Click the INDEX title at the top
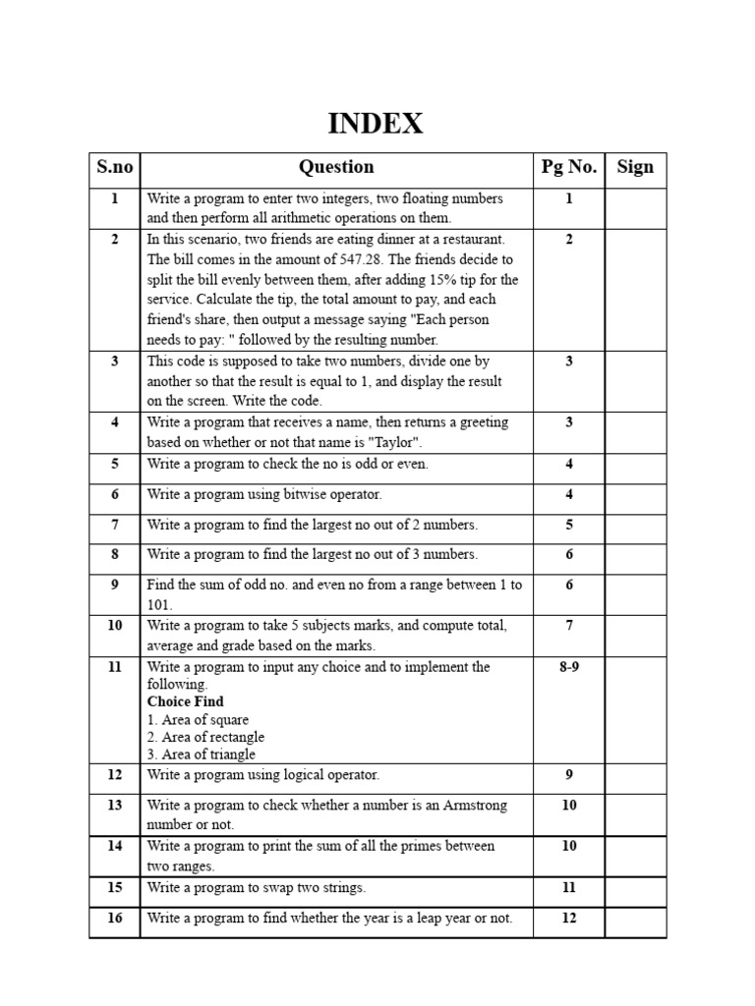coord(376,124)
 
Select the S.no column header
coord(114,167)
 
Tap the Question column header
coord(336,167)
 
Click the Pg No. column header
coord(569,167)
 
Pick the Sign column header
coord(635,167)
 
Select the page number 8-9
coord(569,667)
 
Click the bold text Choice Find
coord(186,701)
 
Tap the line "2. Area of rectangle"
coord(205,737)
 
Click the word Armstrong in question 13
coord(473,806)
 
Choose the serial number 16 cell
coord(114,919)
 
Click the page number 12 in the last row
coord(569,919)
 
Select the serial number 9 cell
coord(114,585)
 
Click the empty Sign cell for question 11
coord(635,709)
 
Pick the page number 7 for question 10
coord(569,626)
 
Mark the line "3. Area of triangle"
coord(201,754)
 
